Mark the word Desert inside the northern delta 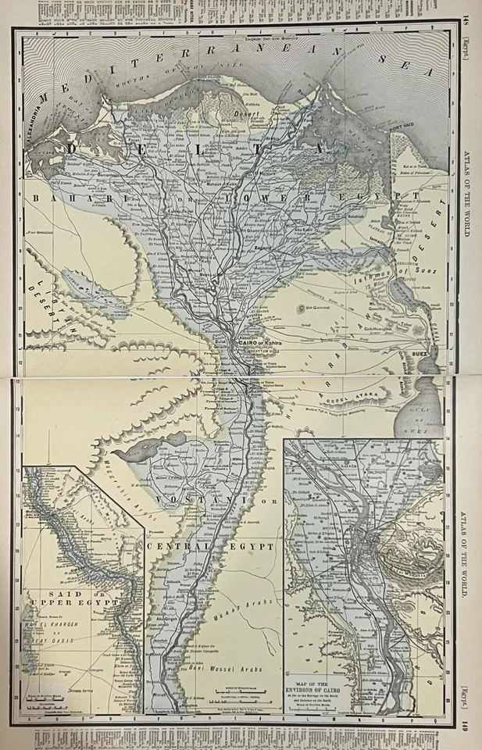pyautogui.click(x=248, y=112)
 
